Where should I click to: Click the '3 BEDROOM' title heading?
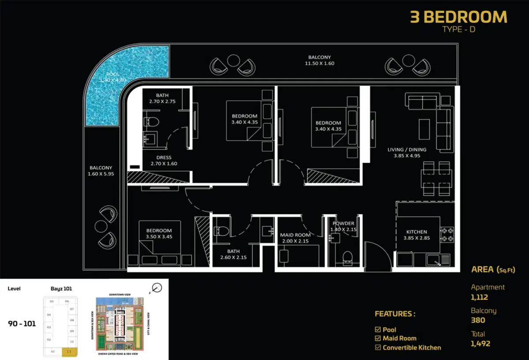[458, 17]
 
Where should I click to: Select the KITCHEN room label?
[417, 232]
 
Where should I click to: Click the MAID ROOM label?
[295, 235]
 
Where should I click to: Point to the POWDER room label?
[343, 224]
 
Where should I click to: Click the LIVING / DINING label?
[407, 150]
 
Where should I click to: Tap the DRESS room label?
[164, 157]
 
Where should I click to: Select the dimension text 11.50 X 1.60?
[320, 64]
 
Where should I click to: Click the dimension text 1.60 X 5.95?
[101, 174]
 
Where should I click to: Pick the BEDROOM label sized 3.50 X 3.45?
[159, 231]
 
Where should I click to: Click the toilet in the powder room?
[347, 257]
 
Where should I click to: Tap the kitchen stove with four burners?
[447, 234]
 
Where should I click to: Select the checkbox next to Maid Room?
[377, 338]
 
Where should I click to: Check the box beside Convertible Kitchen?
[377, 348]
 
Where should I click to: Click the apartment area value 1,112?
[480, 297]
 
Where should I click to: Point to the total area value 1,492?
[480, 343]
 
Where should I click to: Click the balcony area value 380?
[478, 320]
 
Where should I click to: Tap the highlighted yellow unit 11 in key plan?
[69, 352]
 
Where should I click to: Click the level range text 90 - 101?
[22, 324]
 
